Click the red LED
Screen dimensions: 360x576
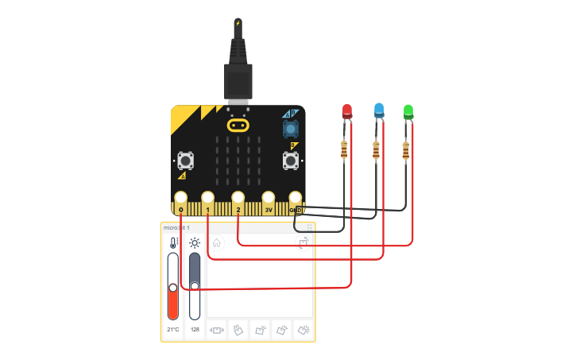click(x=347, y=111)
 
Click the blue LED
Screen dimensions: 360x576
click(x=379, y=110)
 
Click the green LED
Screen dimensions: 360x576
click(x=408, y=110)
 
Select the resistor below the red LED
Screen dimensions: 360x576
click(x=344, y=149)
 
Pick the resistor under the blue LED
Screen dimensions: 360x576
click(x=376, y=149)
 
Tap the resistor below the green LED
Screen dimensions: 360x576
click(x=406, y=149)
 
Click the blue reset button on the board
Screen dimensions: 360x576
click(x=291, y=128)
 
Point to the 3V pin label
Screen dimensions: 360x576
click(x=269, y=210)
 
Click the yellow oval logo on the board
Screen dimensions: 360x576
click(x=238, y=125)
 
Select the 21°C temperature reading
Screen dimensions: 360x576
click(x=173, y=329)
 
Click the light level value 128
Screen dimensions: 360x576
click(x=195, y=329)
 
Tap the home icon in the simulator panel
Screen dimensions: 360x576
click(x=217, y=243)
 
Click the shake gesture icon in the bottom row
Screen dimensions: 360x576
click(x=217, y=329)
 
